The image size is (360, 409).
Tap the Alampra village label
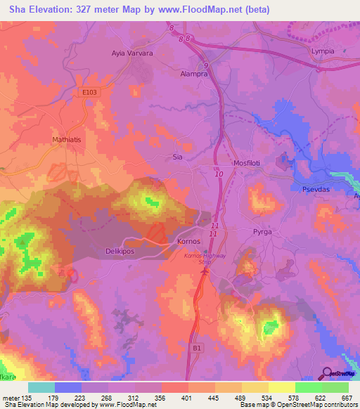tap(194, 72)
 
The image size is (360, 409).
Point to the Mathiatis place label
tap(68, 140)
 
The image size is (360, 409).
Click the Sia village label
tap(178, 158)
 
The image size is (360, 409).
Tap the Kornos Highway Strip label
tap(205, 259)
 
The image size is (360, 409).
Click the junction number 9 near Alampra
tap(205, 65)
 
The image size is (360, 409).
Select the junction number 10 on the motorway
tap(219, 174)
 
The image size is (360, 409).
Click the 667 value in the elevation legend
tap(347, 398)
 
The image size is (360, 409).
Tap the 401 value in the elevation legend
tap(187, 398)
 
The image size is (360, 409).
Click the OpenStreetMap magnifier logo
tap(327, 373)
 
